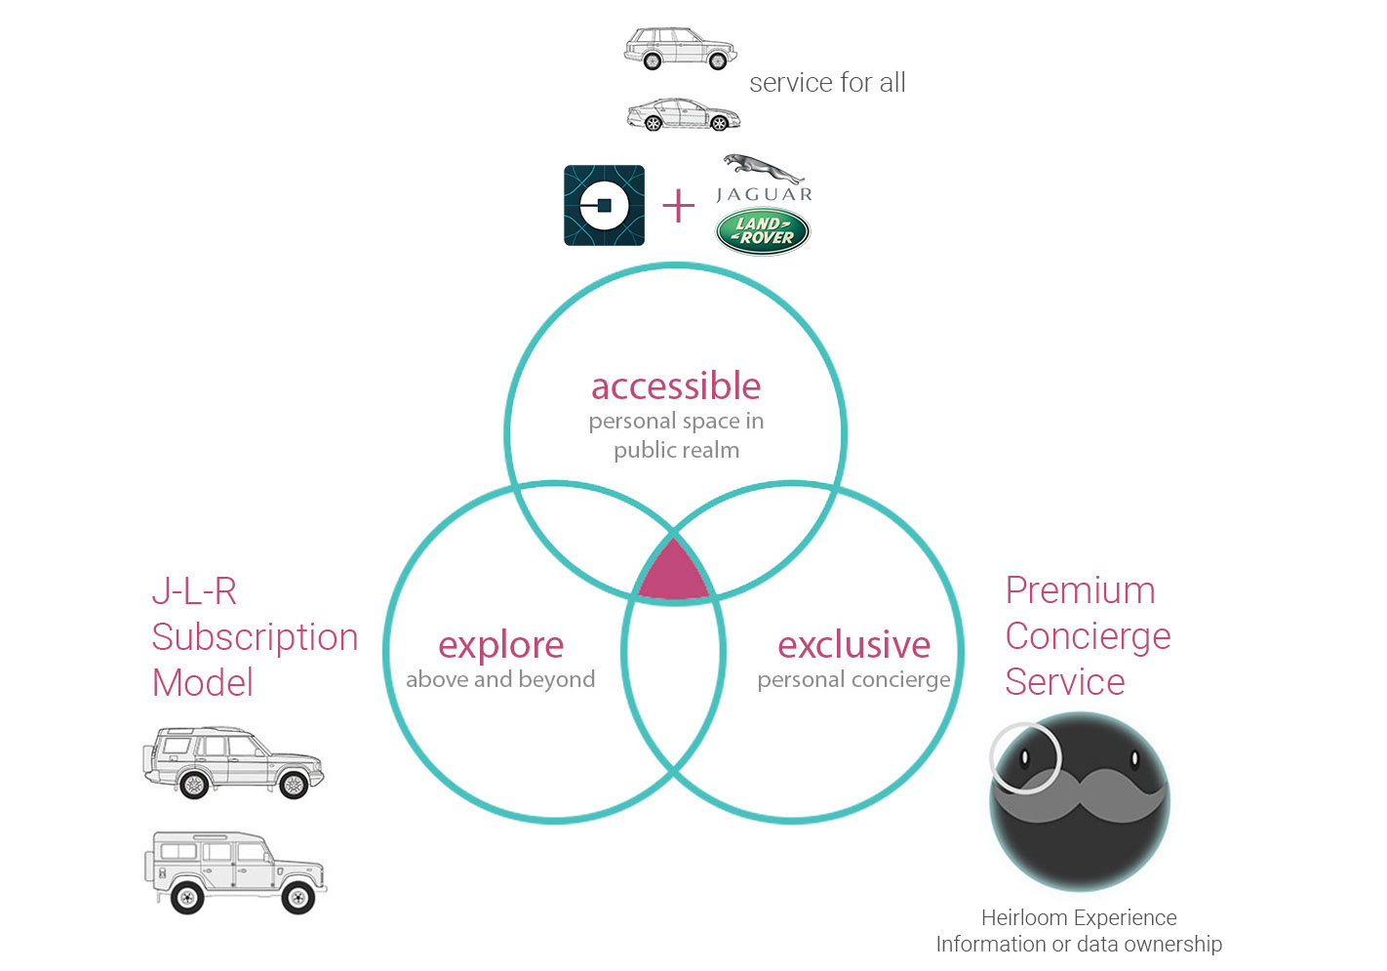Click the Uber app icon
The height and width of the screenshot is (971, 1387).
pyautogui.click(x=604, y=205)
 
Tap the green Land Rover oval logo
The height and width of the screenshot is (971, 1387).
pyautogui.click(x=763, y=231)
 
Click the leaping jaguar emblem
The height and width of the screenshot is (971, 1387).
pyautogui.click(x=764, y=168)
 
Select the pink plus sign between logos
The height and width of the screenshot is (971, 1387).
pyautogui.click(x=679, y=206)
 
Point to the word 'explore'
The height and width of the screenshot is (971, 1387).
pyautogui.click(x=501, y=646)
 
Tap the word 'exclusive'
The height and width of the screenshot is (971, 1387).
pyautogui.click(x=853, y=645)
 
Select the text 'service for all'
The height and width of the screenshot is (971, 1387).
pyautogui.click(x=827, y=82)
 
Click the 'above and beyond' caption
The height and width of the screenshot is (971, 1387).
pyautogui.click(x=500, y=679)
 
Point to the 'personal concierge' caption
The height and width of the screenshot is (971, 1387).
pyautogui.click(x=853, y=680)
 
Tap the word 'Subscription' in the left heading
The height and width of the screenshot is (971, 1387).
pyautogui.click(x=256, y=638)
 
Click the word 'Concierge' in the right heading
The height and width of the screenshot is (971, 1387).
pyautogui.click(x=1088, y=637)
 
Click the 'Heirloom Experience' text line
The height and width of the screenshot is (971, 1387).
pyautogui.click(x=1079, y=917)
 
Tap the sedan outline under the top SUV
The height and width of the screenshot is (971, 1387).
pyautogui.click(x=684, y=114)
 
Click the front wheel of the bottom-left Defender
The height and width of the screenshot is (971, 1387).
pyautogui.click(x=297, y=897)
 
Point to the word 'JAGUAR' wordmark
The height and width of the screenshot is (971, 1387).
pyautogui.click(x=764, y=194)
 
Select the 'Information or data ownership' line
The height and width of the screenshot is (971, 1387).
pyautogui.click(x=1079, y=944)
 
